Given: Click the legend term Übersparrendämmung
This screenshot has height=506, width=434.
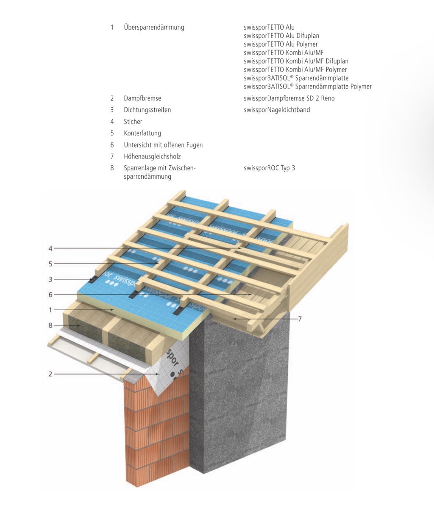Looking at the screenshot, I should click(x=154, y=28).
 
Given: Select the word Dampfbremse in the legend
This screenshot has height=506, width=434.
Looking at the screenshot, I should click(x=142, y=98).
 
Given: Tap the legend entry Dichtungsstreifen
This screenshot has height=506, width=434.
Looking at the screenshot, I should click(x=147, y=110).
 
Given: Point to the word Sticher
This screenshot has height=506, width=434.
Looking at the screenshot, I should click(x=133, y=122).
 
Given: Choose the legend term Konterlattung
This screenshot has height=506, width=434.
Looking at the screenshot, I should click(x=142, y=133).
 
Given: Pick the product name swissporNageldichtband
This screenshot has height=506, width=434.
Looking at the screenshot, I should click(x=277, y=110).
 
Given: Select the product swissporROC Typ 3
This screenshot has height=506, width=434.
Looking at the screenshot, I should click(x=269, y=168).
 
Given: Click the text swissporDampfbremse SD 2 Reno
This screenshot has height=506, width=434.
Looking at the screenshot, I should click(x=289, y=98).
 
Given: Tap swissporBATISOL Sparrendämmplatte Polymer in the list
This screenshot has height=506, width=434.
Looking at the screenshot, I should click(x=308, y=86).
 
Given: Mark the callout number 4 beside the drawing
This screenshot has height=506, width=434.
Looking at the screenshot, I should click(x=50, y=248).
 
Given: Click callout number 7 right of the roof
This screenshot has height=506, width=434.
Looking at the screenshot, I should click(x=300, y=319).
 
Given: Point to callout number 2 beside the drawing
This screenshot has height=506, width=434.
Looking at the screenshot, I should click(x=50, y=374).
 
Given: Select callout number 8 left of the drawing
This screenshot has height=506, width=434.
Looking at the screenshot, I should click(x=50, y=325).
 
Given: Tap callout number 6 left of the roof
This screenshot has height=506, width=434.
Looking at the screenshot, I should click(x=50, y=295).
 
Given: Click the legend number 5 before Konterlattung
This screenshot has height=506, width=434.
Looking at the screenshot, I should click(x=112, y=133).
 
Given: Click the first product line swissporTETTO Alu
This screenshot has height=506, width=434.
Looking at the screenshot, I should click(x=269, y=28).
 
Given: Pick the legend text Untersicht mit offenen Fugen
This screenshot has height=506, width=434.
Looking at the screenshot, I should click(x=163, y=145).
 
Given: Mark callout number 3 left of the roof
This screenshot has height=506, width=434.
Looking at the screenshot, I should click(x=50, y=279).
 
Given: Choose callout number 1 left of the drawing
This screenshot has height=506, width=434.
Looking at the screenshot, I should click(x=50, y=310).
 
